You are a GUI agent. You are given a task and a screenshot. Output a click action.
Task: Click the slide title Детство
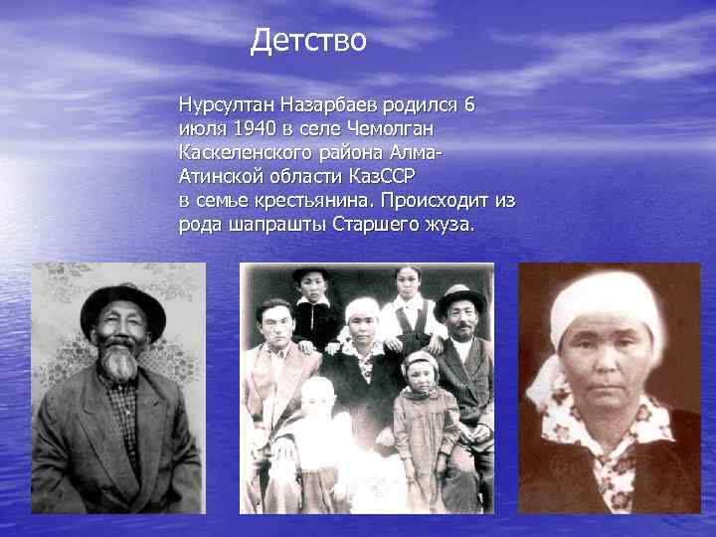pyautogui.click(x=309, y=41)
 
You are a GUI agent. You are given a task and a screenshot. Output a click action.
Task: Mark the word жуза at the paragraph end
pyautogui.click(x=449, y=224)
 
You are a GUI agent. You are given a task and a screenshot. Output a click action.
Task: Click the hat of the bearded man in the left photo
pyautogui.click(x=123, y=302)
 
